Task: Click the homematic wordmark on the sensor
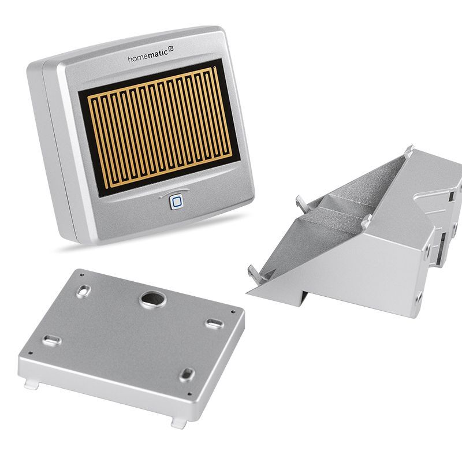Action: point(148,55)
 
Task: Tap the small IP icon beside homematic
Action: point(171,49)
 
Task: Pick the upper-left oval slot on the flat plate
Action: point(83,291)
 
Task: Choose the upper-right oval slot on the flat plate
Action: point(214,323)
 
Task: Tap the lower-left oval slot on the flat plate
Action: point(52,341)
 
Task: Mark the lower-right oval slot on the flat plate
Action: point(187,375)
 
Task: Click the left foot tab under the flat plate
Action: point(32,385)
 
